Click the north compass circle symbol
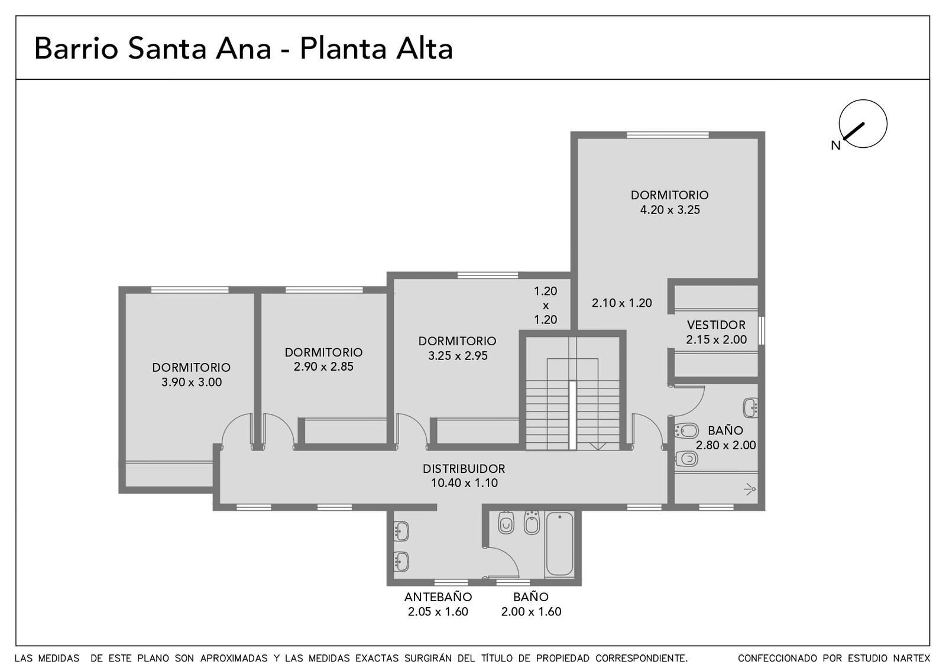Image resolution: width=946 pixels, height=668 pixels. (x=863, y=100)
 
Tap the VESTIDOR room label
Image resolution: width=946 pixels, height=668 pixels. (x=716, y=325)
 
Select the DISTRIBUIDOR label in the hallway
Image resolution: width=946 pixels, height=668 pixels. (x=464, y=469)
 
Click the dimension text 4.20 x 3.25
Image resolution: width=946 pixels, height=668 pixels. (x=670, y=210)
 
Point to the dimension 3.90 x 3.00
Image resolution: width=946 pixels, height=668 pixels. (x=192, y=382)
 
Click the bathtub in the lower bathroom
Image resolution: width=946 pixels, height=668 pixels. (x=559, y=544)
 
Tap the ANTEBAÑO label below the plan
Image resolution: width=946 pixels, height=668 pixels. (x=438, y=597)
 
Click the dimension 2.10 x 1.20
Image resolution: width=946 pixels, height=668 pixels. (x=621, y=303)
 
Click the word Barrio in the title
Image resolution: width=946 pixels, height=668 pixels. (x=76, y=48)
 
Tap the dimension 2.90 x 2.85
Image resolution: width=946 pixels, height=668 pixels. (x=323, y=367)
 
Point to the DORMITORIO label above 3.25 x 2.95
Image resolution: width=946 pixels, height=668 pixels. (x=458, y=341)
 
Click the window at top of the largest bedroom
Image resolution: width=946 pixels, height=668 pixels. (x=668, y=135)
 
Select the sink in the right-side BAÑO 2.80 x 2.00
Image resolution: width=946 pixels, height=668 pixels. (x=750, y=407)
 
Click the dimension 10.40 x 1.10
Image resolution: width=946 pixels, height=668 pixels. (x=464, y=483)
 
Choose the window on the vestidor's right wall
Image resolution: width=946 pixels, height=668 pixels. (x=762, y=330)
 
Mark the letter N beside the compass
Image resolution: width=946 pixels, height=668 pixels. (x=836, y=145)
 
